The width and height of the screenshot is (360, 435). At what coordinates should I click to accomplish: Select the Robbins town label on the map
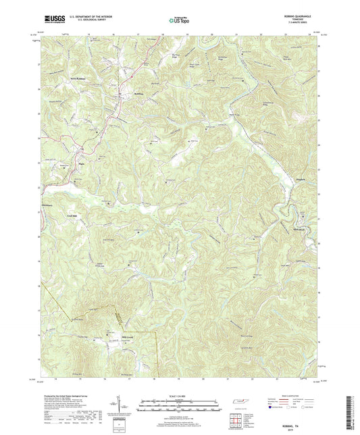pos(139,93)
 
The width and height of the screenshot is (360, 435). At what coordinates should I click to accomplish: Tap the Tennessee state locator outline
pos(238,404)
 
